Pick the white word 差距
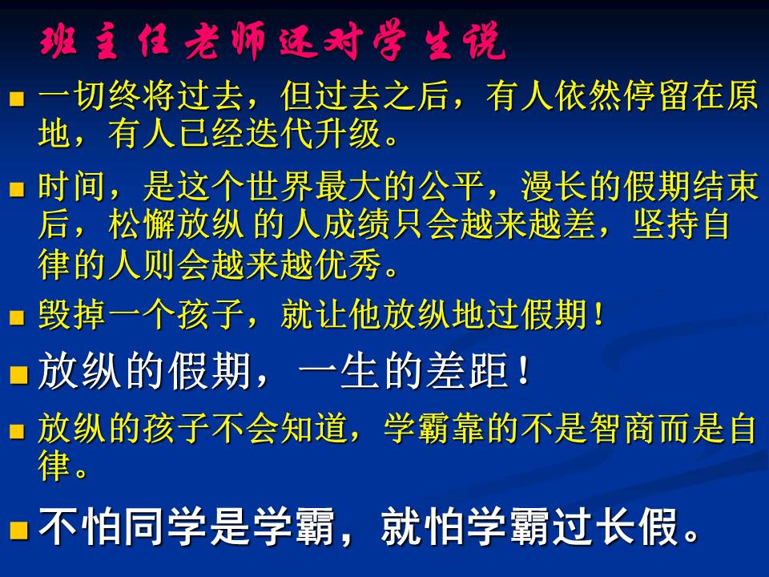(x=467, y=371)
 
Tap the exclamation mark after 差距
(x=524, y=371)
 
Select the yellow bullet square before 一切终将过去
(x=17, y=99)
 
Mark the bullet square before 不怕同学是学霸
(x=19, y=531)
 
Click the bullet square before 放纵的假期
(x=19, y=375)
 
